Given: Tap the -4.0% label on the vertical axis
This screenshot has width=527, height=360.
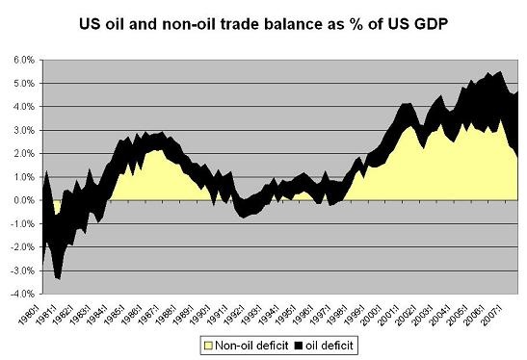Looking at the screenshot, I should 21,294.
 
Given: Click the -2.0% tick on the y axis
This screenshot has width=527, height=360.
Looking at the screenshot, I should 21,247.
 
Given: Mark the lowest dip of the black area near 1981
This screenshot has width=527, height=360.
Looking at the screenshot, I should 59,278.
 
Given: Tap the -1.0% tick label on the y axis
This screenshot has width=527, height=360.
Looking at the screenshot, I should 21,223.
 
